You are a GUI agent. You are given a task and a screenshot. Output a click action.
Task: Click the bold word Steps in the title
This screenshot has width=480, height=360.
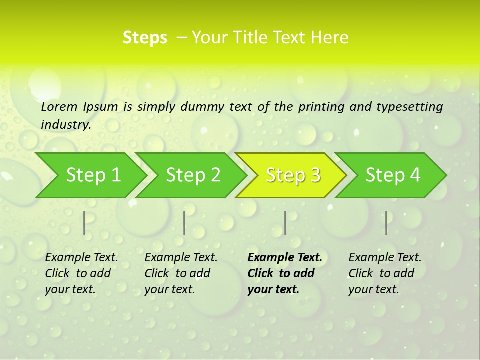[145, 38]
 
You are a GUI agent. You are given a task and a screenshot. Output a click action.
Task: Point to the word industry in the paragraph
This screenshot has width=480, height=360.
[66, 125]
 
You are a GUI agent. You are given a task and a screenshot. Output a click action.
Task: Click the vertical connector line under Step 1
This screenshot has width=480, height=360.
[84, 223]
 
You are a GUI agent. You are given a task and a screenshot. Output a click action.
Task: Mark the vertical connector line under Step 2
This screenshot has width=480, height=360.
[184, 223]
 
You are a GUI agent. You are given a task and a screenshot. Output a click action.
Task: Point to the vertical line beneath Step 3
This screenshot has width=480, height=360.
[285, 223]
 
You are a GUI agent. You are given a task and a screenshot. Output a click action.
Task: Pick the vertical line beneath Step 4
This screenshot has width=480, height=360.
[386, 223]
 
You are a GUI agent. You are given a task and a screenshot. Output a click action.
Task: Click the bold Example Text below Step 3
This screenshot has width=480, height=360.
[285, 258]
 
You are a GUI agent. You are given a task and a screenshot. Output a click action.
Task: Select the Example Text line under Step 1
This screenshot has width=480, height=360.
[81, 258]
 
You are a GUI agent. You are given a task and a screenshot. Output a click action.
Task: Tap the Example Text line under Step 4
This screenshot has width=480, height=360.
[385, 258]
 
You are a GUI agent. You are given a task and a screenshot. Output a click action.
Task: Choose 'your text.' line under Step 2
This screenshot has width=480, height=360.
[170, 289]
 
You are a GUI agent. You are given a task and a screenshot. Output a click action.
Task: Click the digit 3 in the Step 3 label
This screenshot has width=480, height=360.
[314, 175]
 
